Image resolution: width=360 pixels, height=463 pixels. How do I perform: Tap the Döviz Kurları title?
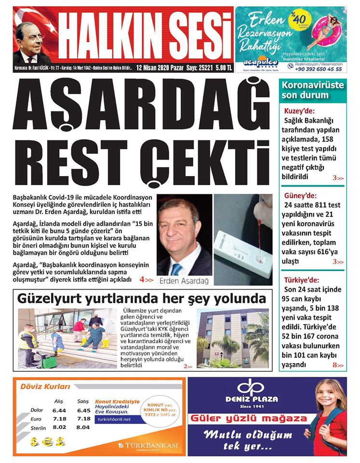coord(45,386)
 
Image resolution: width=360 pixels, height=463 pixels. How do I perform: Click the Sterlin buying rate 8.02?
coord(60,427)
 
